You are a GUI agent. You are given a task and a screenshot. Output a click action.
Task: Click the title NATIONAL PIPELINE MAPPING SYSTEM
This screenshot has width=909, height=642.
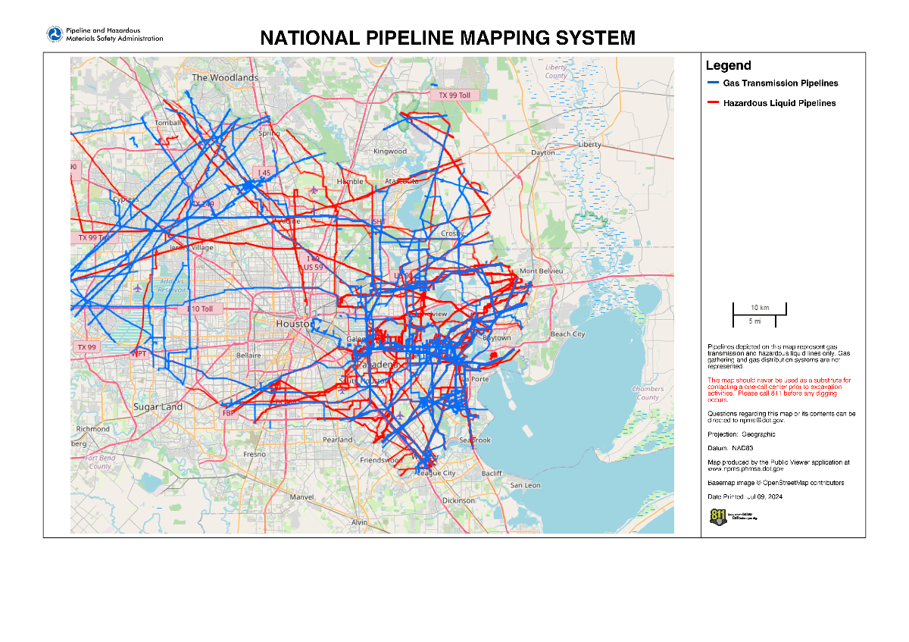pos(447,38)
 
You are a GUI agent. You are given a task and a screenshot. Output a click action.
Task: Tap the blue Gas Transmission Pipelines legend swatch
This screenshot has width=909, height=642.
pos(712,83)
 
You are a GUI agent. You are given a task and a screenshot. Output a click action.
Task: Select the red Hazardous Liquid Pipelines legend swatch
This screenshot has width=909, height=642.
pos(712,103)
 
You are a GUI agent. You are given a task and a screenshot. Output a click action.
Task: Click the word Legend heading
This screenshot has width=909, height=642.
pos(728,66)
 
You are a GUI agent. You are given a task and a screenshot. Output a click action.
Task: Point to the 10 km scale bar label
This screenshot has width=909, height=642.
pos(759,308)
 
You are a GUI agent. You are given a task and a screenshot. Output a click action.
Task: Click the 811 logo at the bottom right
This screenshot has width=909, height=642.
pos(717,517)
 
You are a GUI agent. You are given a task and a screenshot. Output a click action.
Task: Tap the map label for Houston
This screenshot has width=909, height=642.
pos(293,324)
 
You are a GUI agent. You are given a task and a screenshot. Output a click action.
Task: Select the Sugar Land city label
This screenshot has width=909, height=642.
pos(158,407)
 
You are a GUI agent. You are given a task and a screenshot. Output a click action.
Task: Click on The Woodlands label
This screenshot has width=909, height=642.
pos(225,77)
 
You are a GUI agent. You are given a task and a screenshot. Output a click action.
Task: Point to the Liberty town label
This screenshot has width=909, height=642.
pos(589,144)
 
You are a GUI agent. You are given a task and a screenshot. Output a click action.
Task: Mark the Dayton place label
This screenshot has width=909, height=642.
pos(543,152)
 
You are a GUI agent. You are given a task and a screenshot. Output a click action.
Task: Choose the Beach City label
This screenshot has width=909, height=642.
pos(567,334)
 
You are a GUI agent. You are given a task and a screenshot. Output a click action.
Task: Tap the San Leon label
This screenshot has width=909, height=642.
pos(525,485)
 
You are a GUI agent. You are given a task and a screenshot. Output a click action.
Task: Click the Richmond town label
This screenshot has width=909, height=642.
pos(92,429)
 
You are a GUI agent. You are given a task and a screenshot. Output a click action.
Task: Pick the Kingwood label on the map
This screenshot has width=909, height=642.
pos(390,151)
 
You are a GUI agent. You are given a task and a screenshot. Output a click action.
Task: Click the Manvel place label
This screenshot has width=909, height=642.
pos(301,497)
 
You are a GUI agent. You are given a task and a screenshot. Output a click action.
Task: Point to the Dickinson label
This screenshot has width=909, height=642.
pos(458,500)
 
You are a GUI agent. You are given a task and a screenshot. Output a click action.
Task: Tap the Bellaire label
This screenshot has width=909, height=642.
pos(248,355)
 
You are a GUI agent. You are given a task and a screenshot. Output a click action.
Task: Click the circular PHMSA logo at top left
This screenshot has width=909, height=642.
pos(55,34)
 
